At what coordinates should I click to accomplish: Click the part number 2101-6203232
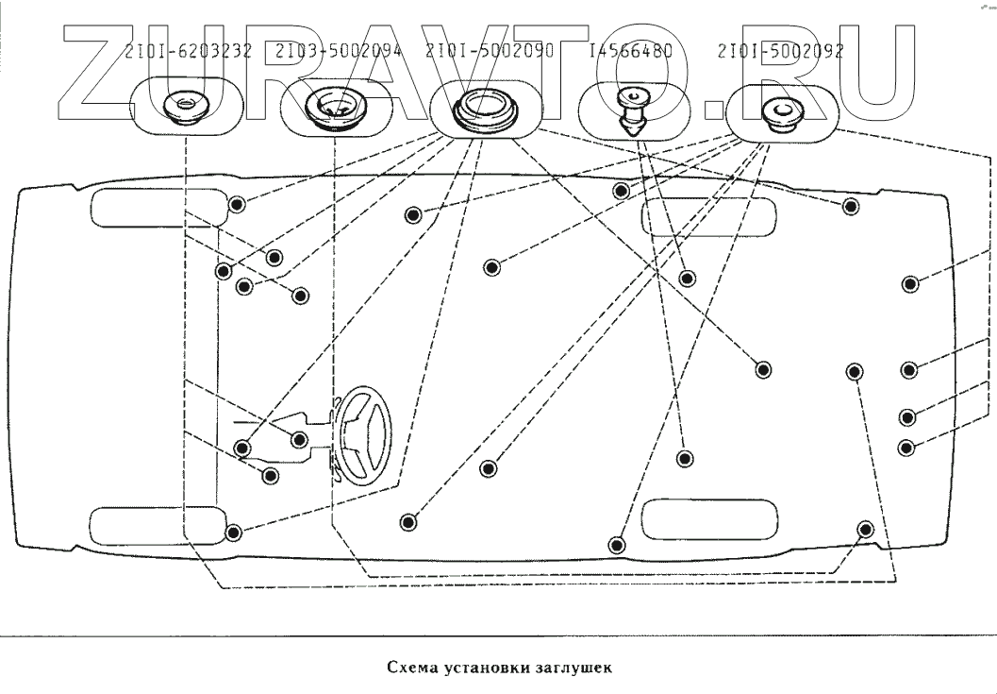pyautogui.click(x=188, y=51)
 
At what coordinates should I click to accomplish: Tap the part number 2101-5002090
pyautogui.click(x=490, y=51)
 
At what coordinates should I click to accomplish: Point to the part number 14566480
pyautogui.click(x=629, y=51)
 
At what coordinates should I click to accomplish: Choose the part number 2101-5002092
pyautogui.click(x=780, y=51)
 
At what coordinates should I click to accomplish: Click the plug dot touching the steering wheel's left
pyautogui.click(x=300, y=438)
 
